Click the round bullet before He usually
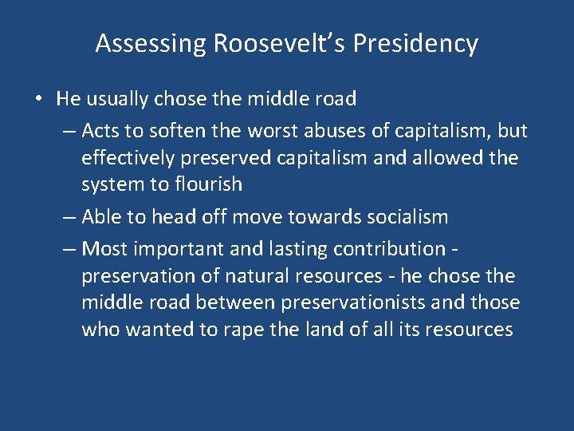38,99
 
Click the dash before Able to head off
69,217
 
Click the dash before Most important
69,249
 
